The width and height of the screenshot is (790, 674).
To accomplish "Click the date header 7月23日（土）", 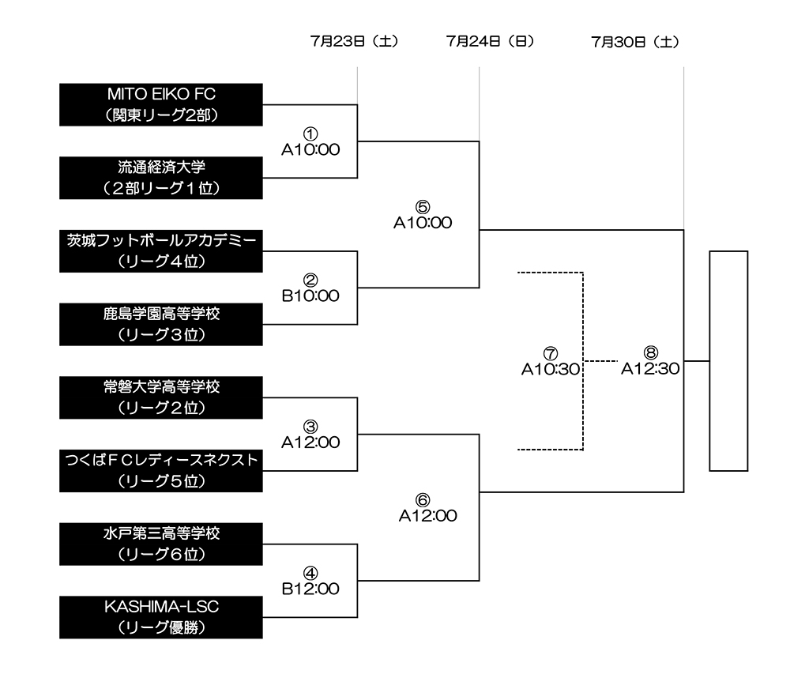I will pos(355,42).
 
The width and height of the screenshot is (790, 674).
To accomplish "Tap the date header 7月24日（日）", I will pos(491,42).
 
